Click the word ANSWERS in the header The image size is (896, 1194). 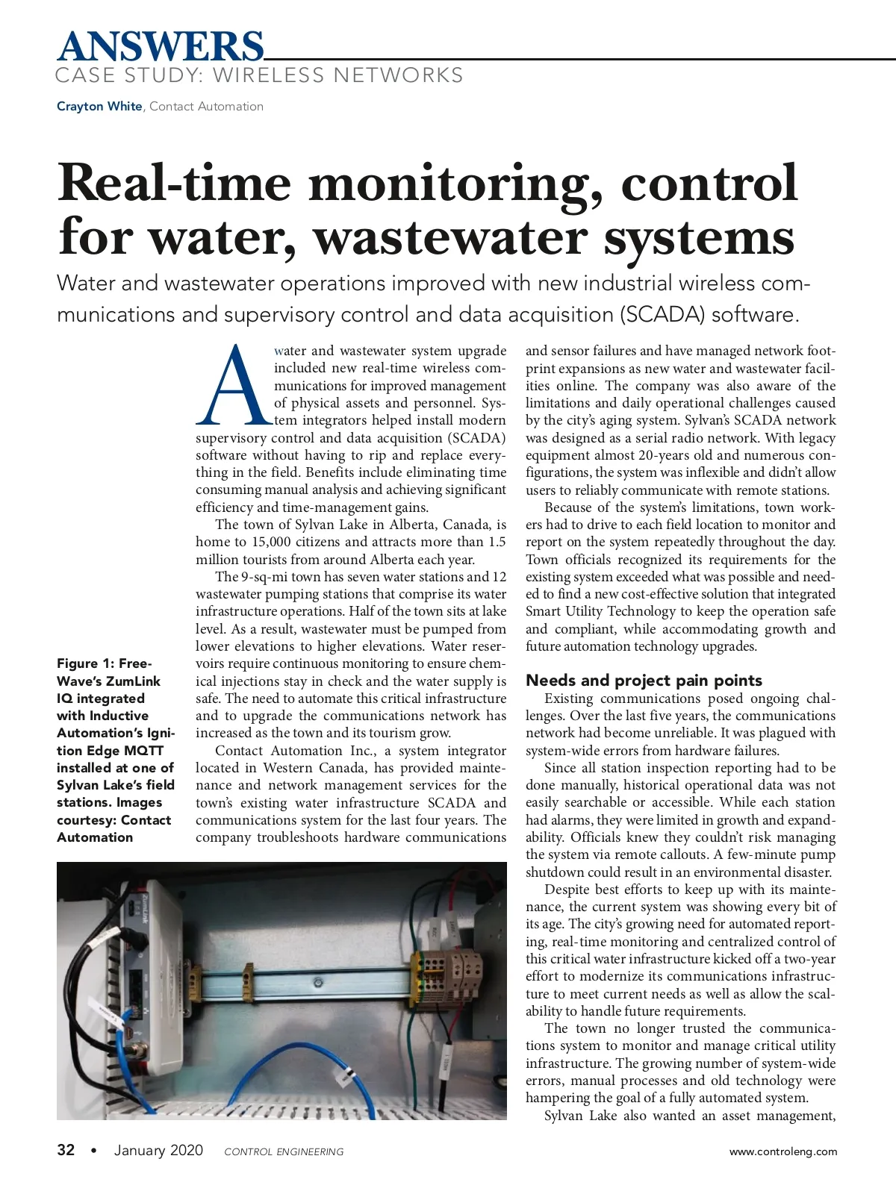(x=160, y=46)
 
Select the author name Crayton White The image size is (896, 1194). (x=99, y=106)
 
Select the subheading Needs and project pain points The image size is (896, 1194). (x=644, y=680)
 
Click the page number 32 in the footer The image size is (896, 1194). (x=66, y=1150)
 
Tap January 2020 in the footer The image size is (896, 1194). (x=158, y=1150)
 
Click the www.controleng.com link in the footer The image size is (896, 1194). (x=783, y=1151)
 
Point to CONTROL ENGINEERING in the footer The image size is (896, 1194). (x=284, y=1151)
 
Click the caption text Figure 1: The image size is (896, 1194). (x=85, y=663)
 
